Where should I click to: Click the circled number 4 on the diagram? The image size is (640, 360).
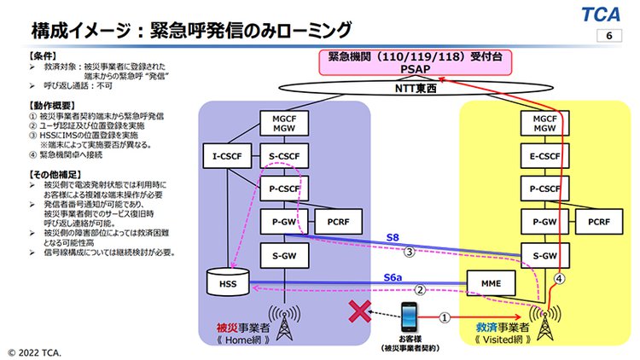point(560,279)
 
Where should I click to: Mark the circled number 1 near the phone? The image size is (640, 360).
point(444,316)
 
